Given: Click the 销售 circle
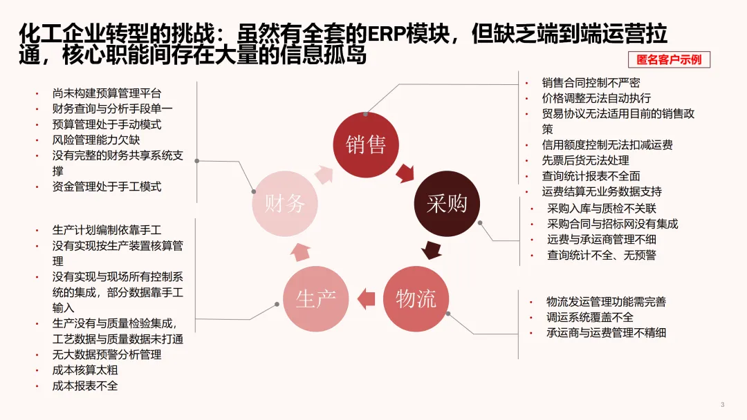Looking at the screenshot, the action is [366, 144].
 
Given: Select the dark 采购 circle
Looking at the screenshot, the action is [447, 203].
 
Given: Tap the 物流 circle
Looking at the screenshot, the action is [416, 299].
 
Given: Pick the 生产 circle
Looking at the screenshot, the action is [316, 299].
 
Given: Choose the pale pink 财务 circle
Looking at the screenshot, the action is [284, 203].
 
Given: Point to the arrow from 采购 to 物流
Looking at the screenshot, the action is [432, 249].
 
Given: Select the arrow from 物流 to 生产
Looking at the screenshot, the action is [366, 299].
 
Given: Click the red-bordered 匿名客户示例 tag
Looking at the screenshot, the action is [669, 59].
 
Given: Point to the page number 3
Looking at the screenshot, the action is [722, 404].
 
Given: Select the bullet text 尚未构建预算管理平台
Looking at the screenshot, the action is [107, 93].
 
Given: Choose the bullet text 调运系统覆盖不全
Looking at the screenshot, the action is [589, 317].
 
